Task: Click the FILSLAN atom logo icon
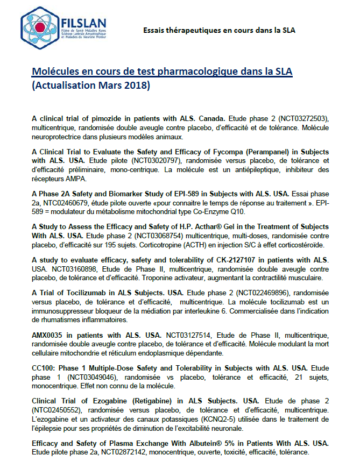click(40, 26)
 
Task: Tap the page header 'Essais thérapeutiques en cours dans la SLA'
click(218, 30)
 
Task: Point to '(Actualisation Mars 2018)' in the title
click(91, 86)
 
